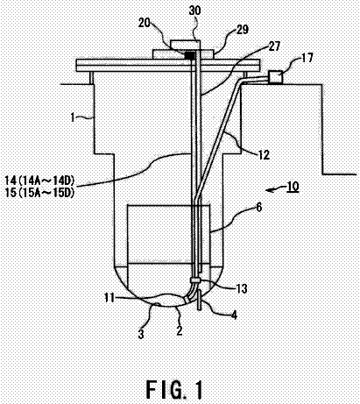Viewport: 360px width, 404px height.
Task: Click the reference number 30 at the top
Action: (194, 11)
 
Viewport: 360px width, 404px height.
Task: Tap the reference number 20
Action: (145, 23)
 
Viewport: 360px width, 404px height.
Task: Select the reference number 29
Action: (243, 30)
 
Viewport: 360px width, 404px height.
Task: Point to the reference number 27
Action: (274, 46)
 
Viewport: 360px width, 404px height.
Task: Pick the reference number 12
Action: (264, 154)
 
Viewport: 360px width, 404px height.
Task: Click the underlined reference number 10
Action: (293, 187)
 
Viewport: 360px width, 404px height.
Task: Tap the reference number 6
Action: (259, 208)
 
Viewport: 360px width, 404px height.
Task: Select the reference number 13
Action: (241, 288)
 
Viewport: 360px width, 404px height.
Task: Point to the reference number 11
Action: (109, 298)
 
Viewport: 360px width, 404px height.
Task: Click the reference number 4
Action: (234, 315)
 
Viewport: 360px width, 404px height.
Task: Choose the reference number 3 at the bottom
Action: (141, 334)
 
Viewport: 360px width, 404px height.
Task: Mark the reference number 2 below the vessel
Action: (180, 330)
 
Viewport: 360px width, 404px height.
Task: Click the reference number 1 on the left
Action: (73, 117)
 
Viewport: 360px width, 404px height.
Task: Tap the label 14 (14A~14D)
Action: (39, 181)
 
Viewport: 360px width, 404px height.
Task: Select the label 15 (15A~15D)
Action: (39, 193)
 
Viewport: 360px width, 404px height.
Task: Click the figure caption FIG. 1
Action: (174, 389)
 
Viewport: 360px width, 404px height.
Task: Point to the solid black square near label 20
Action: (190, 54)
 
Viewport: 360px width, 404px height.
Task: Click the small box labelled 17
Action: (275, 77)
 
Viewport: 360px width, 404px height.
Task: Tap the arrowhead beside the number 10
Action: (269, 190)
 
